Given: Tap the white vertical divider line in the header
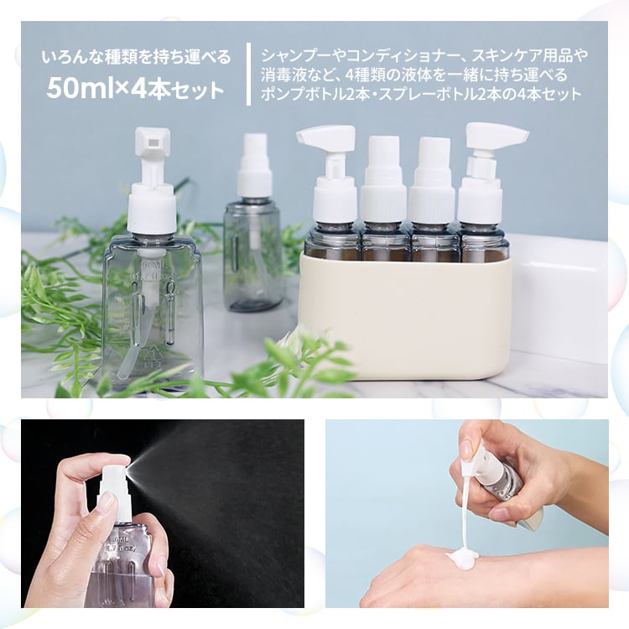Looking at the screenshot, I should [x=248, y=74].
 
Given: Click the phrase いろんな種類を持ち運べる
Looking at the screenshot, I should [x=136, y=58].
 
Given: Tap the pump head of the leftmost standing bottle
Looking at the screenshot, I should [x=153, y=147].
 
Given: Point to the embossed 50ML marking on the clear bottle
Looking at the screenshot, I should [x=153, y=268].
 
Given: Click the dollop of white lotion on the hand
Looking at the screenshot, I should [x=460, y=557].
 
